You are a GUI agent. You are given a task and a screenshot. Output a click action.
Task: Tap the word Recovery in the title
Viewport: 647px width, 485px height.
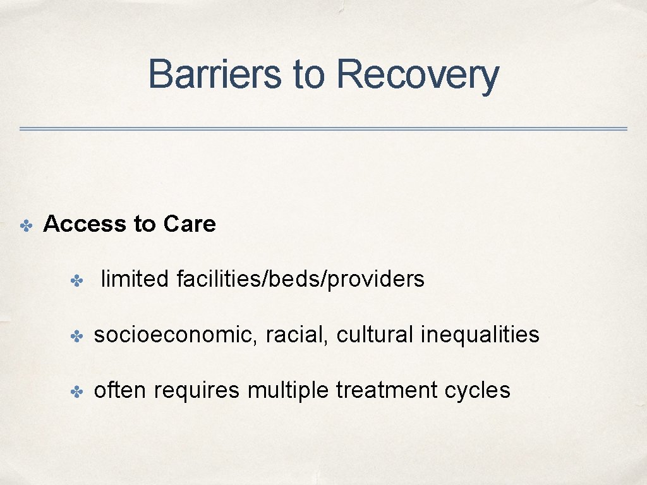click(418, 75)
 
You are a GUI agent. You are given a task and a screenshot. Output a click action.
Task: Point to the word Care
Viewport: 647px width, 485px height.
click(190, 224)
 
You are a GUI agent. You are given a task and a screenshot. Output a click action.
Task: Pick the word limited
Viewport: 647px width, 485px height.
click(135, 278)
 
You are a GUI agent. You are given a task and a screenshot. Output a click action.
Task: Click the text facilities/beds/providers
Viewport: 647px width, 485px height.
click(301, 279)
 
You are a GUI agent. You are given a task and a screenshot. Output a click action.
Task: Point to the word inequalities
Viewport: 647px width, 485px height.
click(480, 335)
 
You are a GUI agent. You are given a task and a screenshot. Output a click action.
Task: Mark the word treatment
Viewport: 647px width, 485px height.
click(387, 390)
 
